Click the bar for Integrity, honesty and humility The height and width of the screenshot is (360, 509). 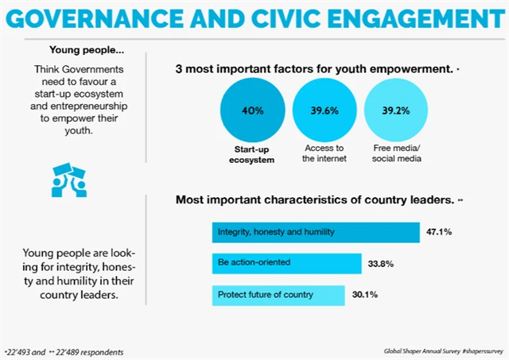point(316,233)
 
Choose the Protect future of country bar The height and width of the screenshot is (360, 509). point(278,295)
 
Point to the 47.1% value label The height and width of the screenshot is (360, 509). point(441,233)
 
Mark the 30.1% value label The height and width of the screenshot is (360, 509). point(364,295)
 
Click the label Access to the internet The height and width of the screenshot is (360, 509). point(324,153)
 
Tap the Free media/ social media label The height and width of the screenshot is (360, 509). point(395,153)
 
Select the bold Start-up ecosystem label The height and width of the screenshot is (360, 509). point(251,153)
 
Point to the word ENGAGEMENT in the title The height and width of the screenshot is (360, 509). point(410,17)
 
